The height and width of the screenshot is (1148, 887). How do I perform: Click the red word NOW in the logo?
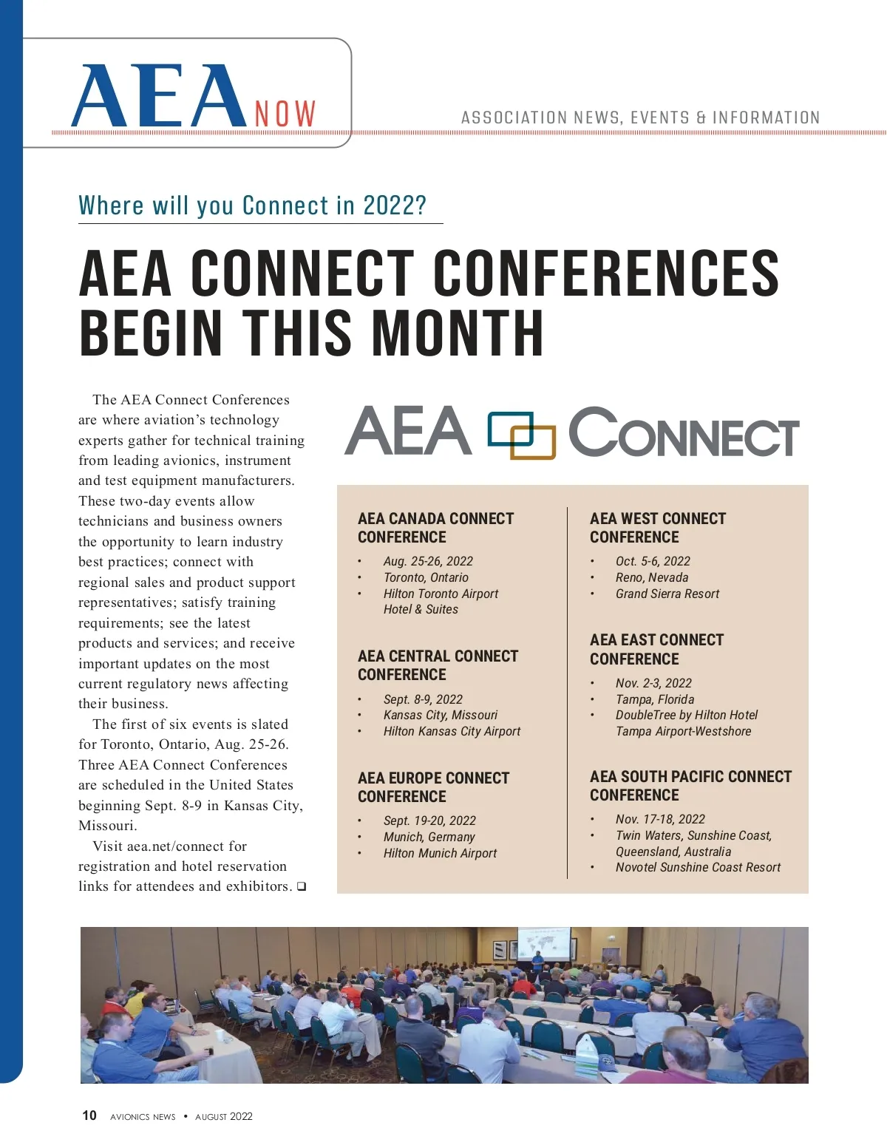(x=285, y=114)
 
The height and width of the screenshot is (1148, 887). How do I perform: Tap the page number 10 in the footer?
(x=89, y=1115)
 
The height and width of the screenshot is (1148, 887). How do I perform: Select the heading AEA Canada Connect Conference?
(x=435, y=528)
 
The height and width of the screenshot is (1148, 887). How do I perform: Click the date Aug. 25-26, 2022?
(x=428, y=561)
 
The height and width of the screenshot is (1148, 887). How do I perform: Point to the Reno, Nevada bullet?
(x=651, y=577)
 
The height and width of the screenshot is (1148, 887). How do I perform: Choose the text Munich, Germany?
(x=429, y=837)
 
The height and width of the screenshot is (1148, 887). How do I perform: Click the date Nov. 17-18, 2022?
(x=660, y=819)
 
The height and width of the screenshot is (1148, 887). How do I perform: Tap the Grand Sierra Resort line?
(x=667, y=594)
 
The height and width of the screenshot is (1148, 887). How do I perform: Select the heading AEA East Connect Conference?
(x=656, y=649)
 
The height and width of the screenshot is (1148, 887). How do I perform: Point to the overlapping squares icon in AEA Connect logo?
(x=521, y=435)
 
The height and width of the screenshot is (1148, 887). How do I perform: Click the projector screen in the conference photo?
(x=543, y=943)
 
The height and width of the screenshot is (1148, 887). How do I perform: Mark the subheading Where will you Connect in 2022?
(x=253, y=206)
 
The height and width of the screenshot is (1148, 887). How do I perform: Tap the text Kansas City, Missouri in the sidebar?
(x=440, y=715)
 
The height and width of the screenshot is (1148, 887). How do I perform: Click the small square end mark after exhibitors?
(x=302, y=886)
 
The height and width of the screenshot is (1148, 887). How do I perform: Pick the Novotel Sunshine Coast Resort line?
(x=698, y=867)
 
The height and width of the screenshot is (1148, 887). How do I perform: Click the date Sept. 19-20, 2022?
(x=429, y=821)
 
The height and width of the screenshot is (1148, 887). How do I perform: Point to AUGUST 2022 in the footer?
(x=224, y=1116)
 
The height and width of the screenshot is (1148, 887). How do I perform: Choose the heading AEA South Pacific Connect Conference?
(x=690, y=786)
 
